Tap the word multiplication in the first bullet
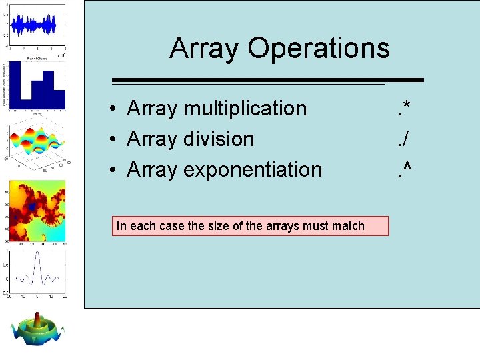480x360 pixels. (x=245, y=108)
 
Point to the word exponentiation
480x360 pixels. (x=253, y=169)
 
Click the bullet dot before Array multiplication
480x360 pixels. (x=115, y=109)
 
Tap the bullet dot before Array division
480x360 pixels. (x=115, y=139)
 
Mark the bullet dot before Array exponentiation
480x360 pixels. (x=115, y=170)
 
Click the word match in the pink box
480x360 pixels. (x=348, y=226)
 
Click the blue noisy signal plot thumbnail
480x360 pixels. (x=37, y=25)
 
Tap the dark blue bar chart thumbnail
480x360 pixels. (x=37, y=85)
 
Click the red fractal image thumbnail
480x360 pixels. (x=37, y=210)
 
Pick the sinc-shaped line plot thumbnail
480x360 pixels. (x=37, y=273)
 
